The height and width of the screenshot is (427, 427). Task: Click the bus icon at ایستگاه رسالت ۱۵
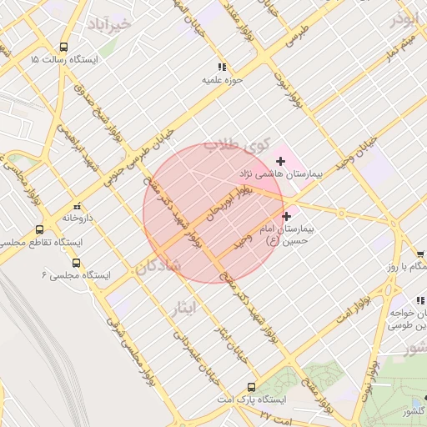[64, 47]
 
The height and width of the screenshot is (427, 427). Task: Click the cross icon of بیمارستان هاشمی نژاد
[280, 160]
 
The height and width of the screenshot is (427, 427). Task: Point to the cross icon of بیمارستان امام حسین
[287, 216]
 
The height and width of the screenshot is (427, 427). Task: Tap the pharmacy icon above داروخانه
[77, 205]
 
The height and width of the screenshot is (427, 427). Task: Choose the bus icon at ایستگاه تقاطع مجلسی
[39, 229]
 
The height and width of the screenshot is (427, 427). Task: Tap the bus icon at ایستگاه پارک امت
[251, 387]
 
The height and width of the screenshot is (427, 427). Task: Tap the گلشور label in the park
[414, 411]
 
